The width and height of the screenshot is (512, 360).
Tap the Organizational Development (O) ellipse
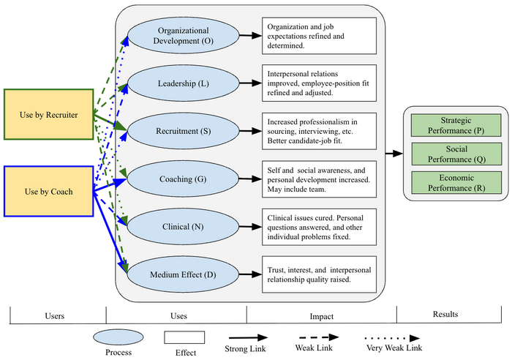(x=182, y=36)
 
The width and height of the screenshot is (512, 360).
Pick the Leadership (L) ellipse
(x=182, y=83)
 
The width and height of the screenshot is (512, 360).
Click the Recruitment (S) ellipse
(x=182, y=132)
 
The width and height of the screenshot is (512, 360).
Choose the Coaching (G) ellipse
(x=182, y=179)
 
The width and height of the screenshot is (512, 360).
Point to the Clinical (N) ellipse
(x=182, y=227)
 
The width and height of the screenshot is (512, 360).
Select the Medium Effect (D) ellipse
(x=182, y=275)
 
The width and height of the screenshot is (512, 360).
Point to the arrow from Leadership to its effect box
(x=249, y=83)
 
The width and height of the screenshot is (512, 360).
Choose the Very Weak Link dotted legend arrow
(x=393, y=339)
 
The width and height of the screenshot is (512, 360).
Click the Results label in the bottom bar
(x=445, y=315)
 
